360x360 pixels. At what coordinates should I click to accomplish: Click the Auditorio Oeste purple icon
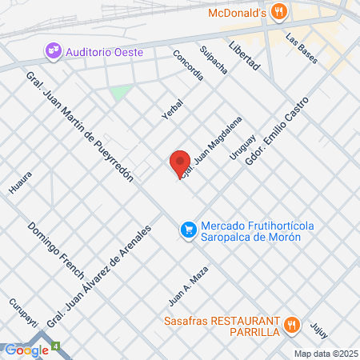pyautogui.click(x=54, y=52)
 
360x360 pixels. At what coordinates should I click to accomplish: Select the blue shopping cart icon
pyautogui.click(x=188, y=230)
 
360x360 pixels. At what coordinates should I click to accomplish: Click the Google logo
pyautogui.click(x=26, y=350)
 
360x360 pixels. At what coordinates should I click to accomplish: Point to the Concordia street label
pyautogui.click(x=189, y=66)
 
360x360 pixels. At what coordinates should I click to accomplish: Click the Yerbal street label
pyautogui.click(x=172, y=109)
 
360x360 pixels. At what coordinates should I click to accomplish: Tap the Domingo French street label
pyautogui.click(x=56, y=250)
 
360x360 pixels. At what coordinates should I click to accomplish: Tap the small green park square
pyautogui.click(x=121, y=93)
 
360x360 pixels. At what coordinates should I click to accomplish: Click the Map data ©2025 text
pyautogui.click(x=326, y=354)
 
